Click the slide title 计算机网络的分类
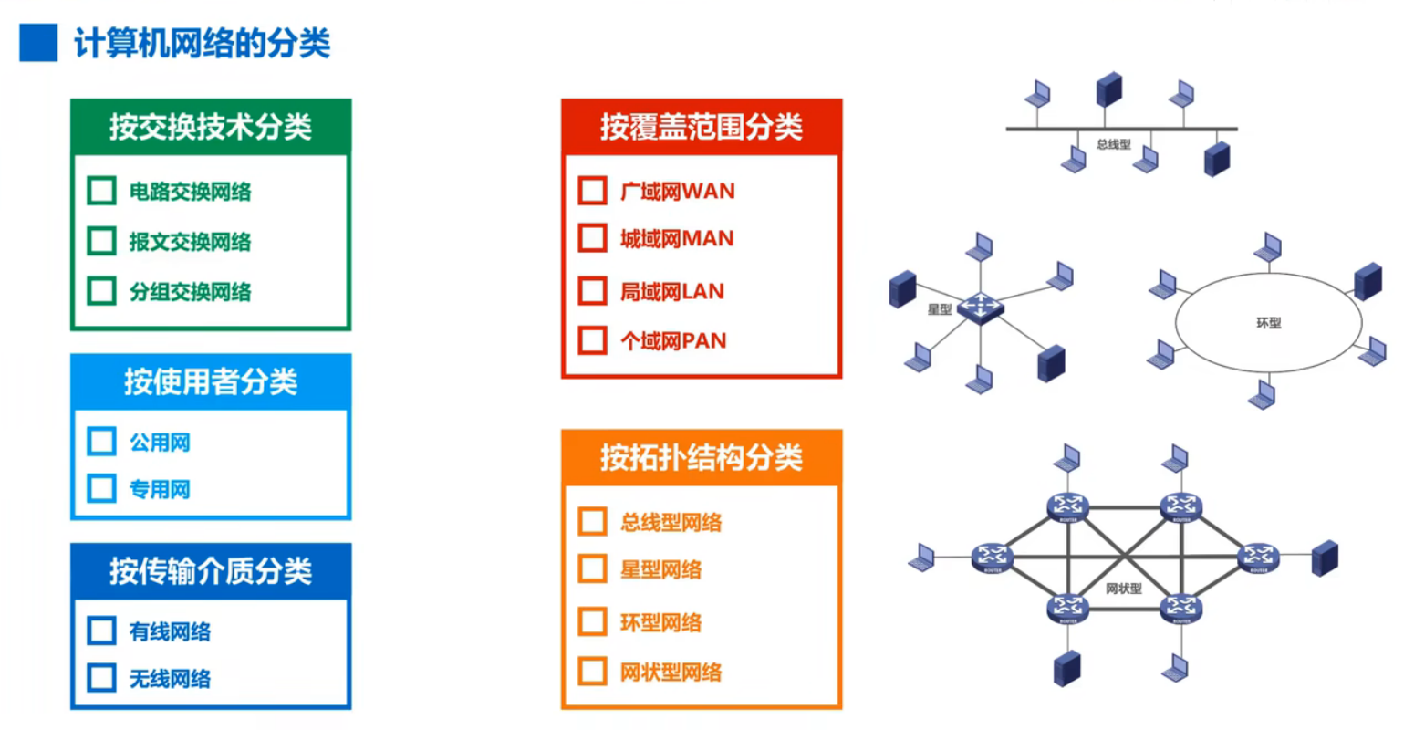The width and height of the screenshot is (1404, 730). (202, 43)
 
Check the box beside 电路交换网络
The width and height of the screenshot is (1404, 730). (101, 191)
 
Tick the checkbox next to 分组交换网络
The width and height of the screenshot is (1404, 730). (101, 291)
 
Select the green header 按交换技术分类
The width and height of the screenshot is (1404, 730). (211, 127)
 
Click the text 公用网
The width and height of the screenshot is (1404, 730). (160, 443)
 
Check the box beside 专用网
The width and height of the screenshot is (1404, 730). (101, 489)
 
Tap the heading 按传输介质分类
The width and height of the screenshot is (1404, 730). (211, 571)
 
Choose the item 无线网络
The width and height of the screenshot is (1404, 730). (170, 679)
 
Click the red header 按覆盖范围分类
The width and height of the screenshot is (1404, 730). (701, 127)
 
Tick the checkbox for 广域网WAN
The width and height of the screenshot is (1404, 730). (592, 191)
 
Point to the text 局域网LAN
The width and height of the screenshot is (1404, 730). (672, 292)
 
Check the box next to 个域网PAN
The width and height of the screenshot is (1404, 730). (592, 340)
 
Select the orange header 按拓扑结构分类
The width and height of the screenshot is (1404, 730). (701, 457)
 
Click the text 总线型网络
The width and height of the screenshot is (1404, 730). (671, 522)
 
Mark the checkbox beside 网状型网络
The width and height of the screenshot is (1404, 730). (592, 672)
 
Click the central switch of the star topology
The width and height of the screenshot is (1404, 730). (980, 308)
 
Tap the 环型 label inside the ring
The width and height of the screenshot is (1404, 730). (1268, 323)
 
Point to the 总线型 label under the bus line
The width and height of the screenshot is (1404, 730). (1113, 144)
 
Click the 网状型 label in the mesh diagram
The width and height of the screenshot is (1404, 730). (1123, 589)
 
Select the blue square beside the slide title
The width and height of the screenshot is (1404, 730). (38, 43)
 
